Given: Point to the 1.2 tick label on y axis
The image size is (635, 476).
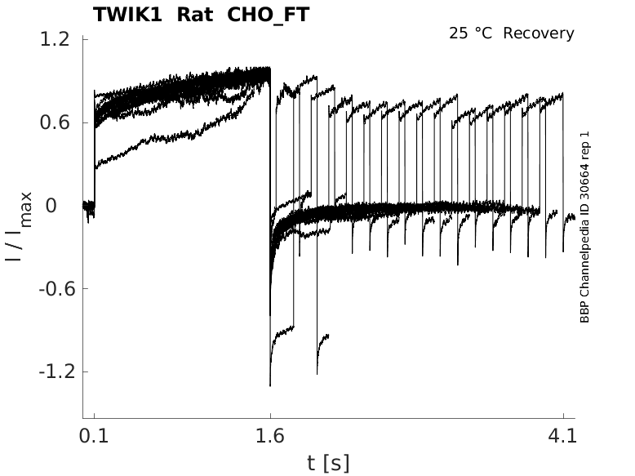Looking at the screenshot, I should coord(51,40).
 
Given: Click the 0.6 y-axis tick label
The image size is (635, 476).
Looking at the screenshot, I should coord(51,123).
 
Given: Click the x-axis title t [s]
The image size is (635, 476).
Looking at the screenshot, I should coord(328,464).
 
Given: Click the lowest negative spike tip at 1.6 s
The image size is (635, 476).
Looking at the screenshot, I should coord(269,385).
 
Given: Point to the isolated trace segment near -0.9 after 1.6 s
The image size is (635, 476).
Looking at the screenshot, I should coord(283,331).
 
